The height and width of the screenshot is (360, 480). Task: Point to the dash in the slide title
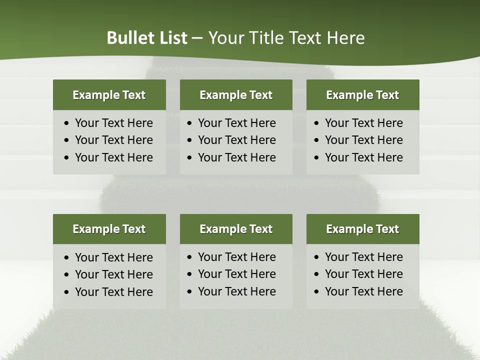click(197, 38)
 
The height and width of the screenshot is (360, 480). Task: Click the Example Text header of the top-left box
click(109, 95)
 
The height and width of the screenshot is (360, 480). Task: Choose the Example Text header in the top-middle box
click(236, 95)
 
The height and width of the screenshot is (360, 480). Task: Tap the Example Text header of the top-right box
click(362, 95)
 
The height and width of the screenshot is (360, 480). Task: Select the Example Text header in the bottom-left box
click(109, 229)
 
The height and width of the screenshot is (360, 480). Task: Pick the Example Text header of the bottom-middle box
click(236, 229)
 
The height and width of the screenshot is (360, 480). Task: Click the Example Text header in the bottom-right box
click(362, 229)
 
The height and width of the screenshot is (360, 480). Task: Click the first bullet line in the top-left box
click(113, 123)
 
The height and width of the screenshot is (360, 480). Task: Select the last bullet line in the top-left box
click(113, 157)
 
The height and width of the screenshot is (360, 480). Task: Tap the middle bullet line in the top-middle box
click(236, 140)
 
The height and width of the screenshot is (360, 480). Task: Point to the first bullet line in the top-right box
click(363, 123)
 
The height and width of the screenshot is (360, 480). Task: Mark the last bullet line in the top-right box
click(363, 157)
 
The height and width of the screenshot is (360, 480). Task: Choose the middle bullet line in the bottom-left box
click(113, 274)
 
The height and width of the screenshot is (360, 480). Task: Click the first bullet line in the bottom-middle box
click(236, 257)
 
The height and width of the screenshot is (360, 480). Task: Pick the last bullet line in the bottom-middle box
click(236, 291)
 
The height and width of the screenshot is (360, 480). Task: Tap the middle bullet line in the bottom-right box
click(363, 274)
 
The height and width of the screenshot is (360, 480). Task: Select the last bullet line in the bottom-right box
click(363, 291)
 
